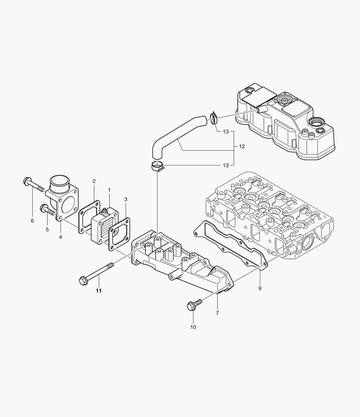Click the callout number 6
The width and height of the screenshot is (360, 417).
[x=32, y=220]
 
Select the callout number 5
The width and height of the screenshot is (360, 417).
[x=47, y=229]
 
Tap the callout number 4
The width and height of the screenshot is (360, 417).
[x=61, y=237]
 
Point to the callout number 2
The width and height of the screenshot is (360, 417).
[x=94, y=181]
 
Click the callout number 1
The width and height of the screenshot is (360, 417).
[x=109, y=190]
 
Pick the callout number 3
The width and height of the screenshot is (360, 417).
[x=125, y=199]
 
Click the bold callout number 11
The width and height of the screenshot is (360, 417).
[x=99, y=291]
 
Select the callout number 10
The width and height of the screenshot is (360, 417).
[x=193, y=327]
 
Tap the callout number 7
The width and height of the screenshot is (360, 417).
[x=217, y=313]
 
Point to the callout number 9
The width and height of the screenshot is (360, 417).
[x=260, y=288]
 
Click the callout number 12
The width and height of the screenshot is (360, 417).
[x=242, y=147]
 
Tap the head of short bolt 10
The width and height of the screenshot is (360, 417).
[x=191, y=306]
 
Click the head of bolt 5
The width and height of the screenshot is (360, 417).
[x=43, y=208]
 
